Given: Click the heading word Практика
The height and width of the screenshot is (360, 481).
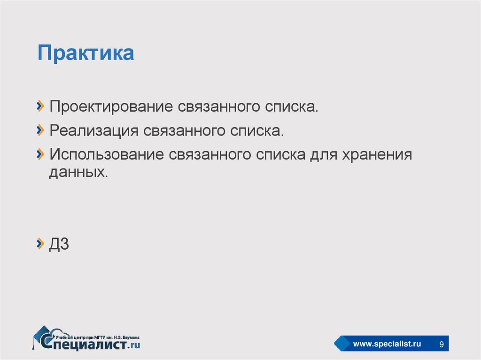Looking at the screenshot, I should coord(86,53).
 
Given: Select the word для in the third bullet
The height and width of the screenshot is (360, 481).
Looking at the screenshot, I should coord(321,154).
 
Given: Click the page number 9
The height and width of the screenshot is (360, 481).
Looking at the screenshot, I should coord(441,345).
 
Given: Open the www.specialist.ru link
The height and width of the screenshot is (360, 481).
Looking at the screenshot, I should coord(387,345).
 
